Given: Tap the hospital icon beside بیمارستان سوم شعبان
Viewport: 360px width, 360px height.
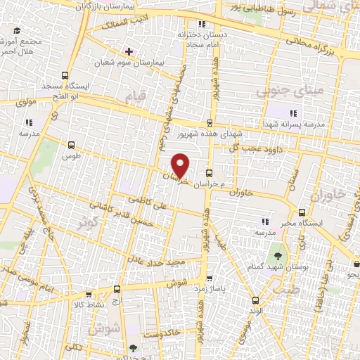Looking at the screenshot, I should [129, 51].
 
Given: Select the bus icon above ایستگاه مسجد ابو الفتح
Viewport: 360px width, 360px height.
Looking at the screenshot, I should [65, 76].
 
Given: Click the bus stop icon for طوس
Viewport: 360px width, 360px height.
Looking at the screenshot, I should [71, 145].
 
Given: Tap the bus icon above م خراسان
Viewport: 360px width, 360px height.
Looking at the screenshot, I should [209, 173].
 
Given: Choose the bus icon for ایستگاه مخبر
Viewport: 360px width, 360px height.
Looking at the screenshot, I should [302, 212].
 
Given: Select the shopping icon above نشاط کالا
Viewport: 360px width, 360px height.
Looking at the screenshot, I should [89, 295].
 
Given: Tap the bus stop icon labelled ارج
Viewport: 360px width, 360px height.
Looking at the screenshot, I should [117, 289].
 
